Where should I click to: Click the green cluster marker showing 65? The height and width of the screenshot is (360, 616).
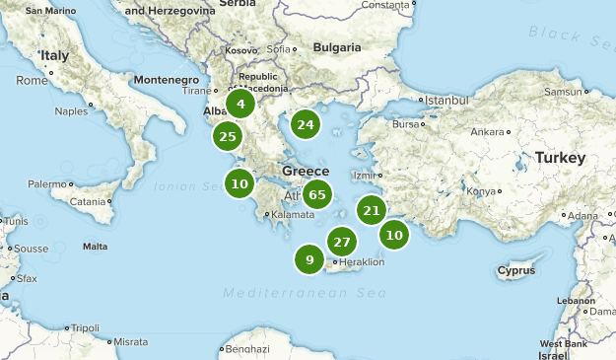[316, 194]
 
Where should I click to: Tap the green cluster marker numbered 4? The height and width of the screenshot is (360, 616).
[240, 103]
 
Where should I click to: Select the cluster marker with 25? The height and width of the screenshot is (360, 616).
[228, 136]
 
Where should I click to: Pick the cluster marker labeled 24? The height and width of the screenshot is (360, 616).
[306, 124]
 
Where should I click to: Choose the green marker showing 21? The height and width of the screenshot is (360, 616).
[372, 209]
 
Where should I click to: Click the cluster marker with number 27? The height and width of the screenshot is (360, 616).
[342, 242]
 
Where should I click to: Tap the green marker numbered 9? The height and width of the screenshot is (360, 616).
[309, 260]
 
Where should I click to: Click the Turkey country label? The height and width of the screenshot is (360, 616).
[560, 158]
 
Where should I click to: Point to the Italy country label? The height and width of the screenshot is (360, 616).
[52, 56]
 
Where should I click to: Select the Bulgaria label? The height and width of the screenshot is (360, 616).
[337, 47]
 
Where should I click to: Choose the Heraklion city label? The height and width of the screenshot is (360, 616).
[362, 261]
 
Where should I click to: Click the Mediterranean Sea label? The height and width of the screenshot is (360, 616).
[305, 294]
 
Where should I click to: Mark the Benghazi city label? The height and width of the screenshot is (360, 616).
[246, 348]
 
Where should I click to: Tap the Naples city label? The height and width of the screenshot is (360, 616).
[71, 110]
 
